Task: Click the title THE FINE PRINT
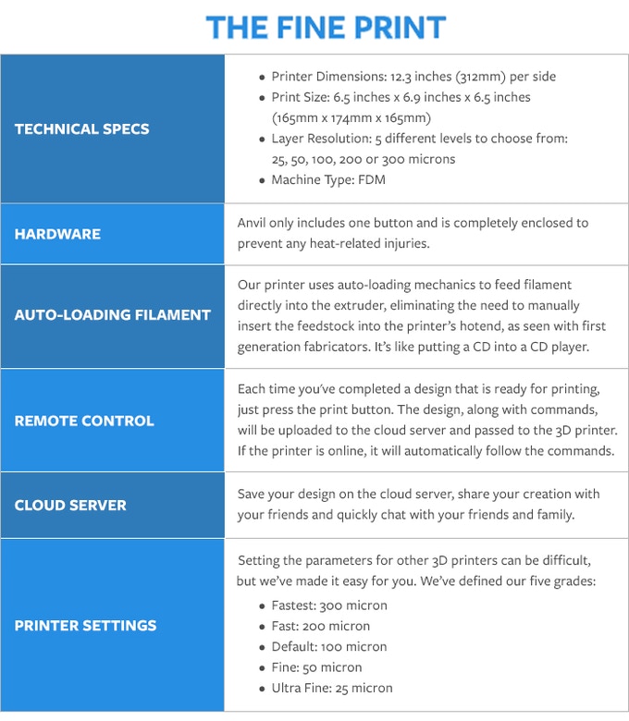pos(326,27)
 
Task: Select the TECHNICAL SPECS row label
pos(81,128)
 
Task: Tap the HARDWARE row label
pos(57,234)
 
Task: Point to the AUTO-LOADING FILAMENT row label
pos(113,314)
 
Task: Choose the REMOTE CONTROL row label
pos(84,421)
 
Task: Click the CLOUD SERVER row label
pos(70,505)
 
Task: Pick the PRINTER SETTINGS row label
pos(85,625)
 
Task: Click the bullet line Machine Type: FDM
pos(328,179)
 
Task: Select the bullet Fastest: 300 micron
pos(329,605)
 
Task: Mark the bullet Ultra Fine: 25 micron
pos(332,688)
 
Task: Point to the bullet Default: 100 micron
pos(329,646)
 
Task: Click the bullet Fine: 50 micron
pos(316,667)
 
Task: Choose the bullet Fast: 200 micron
pos(320,626)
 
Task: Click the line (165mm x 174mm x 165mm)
pos(351,117)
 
